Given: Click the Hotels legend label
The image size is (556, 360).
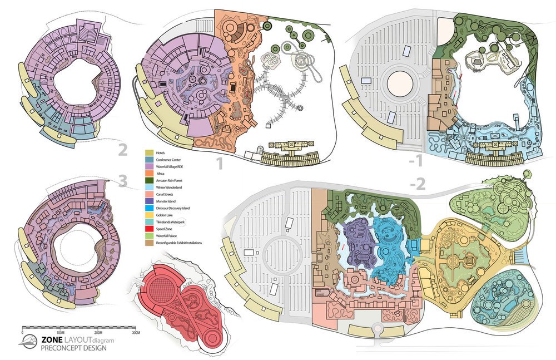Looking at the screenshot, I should pos(162,152).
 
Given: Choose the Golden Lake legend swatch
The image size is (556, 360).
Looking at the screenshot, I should pos(150,213).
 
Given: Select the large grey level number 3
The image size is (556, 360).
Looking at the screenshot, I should pos(121,183).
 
